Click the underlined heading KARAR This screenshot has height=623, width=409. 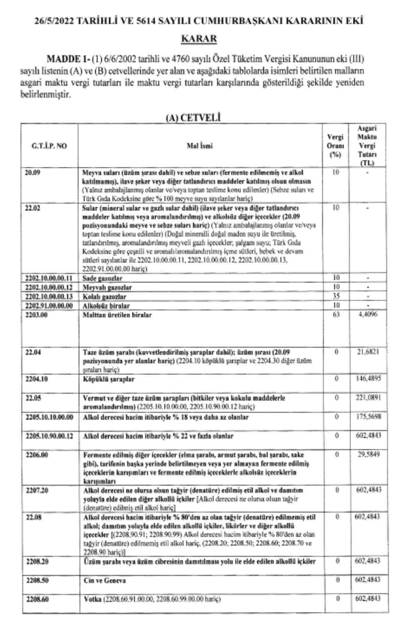(199, 39)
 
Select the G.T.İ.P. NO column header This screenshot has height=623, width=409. (46, 146)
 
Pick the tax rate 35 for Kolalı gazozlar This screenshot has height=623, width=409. (336, 296)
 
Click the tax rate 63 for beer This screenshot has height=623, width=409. (336, 314)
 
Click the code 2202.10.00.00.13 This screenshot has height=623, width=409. (49, 296)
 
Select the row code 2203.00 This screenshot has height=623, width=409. (36, 314)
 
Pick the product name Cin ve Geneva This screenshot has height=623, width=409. (105, 581)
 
